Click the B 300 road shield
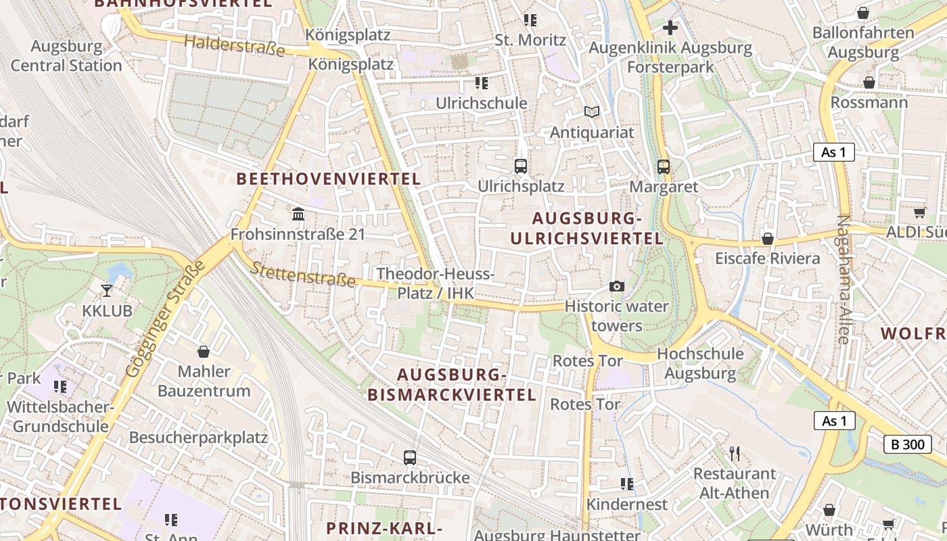(907, 444)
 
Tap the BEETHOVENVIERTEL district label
(329, 179)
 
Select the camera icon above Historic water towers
(616, 287)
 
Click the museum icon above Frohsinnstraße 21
(298, 214)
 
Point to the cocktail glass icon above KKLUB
(107, 291)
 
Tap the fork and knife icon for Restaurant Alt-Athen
(735, 453)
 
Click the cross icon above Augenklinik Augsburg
(670, 28)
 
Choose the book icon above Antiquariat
(592, 112)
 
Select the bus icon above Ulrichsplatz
(520, 166)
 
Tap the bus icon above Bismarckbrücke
(410, 457)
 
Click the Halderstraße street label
(235, 45)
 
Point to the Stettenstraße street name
(303, 273)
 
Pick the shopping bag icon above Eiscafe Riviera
(767, 239)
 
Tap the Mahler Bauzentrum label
(204, 381)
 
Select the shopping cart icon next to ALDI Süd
(919, 212)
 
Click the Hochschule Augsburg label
(700, 363)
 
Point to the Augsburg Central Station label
(66, 56)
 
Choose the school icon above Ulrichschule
(481, 83)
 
